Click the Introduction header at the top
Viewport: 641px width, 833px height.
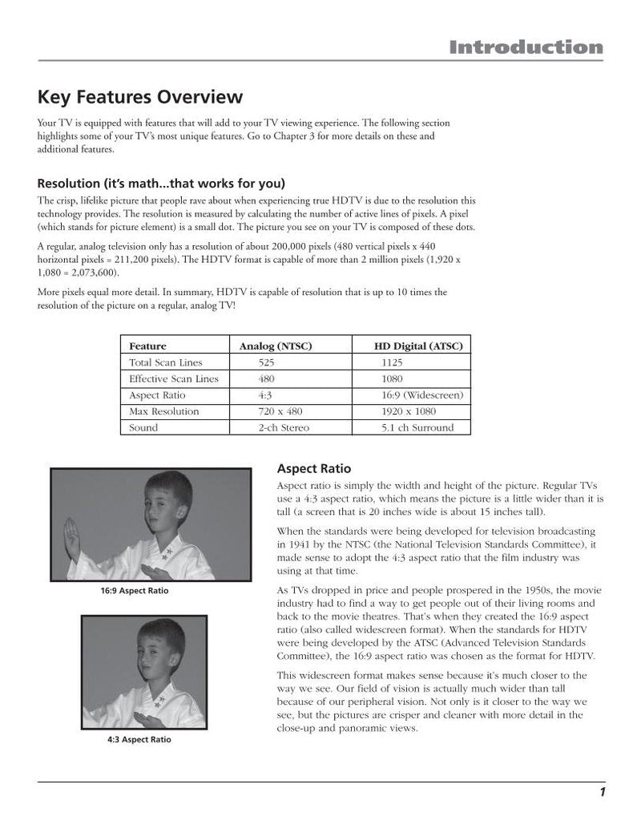(x=526, y=47)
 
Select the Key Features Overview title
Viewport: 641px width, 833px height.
(x=140, y=98)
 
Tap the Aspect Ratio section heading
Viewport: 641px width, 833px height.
(x=313, y=468)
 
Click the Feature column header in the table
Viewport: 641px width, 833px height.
(x=148, y=346)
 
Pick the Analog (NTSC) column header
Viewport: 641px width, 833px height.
(x=276, y=346)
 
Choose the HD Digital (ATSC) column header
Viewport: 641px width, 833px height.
(x=418, y=346)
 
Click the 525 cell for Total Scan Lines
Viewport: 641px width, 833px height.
(x=267, y=362)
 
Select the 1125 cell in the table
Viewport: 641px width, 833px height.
(x=393, y=362)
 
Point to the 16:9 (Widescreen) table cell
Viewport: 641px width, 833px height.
(x=422, y=395)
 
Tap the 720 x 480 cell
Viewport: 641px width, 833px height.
(x=278, y=411)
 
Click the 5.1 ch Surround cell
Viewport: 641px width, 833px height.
(x=417, y=427)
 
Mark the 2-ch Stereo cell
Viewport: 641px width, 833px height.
(x=283, y=427)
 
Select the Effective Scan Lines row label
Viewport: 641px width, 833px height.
(x=174, y=378)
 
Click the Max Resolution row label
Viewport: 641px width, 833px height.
(x=164, y=411)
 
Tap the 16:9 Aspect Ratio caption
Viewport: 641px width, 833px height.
(x=135, y=591)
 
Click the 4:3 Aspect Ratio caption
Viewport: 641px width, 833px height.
(x=139, y=739)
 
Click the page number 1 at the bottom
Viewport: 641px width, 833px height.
(x=600, y=793)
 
